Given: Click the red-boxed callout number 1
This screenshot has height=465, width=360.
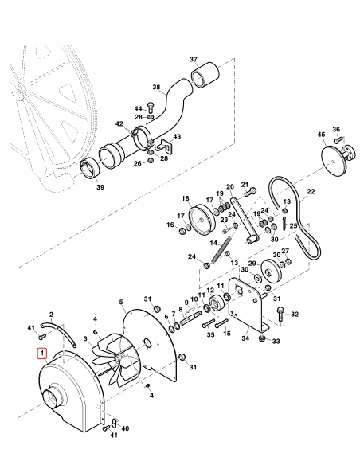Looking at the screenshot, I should [x=41, y=351].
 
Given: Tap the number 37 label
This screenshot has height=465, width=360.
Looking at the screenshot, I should [x=193, y=60].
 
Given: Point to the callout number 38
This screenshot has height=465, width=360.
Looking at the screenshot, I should [x=156, y=87].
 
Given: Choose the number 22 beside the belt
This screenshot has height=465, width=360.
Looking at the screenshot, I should [x=311, y=191].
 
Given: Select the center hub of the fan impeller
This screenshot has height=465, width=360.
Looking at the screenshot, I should [x=116, y=362].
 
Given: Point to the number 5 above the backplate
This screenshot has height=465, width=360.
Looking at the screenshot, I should [x=121, y=302].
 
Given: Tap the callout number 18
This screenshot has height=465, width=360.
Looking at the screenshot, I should [x=184, y=198].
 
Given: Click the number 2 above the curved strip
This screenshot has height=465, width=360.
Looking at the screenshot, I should [x=52, y=315].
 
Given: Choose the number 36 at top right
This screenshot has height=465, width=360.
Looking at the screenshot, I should [x=335, y=129].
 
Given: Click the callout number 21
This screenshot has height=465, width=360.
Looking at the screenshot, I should [x=245, y=183].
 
